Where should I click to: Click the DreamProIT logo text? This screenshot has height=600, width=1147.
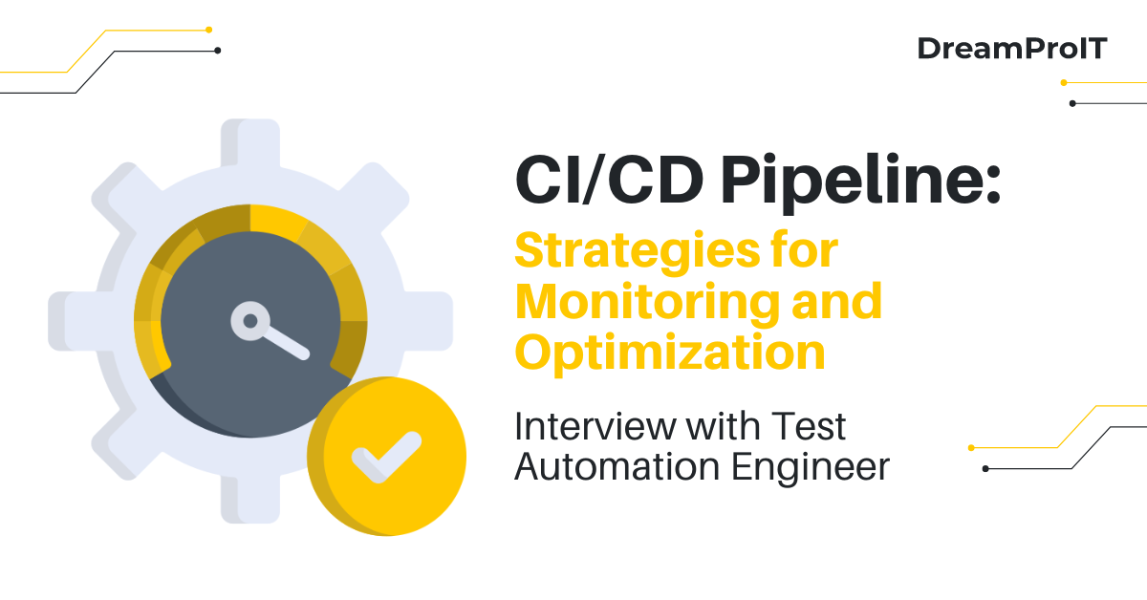coord(1011,49)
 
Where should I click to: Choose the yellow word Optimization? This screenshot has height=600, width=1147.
coord(669,353)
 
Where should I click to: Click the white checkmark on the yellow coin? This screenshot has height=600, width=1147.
coord(386,458)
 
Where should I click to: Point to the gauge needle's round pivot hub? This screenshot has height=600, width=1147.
coord(249,321)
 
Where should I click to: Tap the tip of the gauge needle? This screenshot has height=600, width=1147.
coord(303,353)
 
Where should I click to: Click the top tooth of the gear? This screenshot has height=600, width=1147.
coord(250,143)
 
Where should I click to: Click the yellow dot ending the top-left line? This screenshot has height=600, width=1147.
coord(209,30)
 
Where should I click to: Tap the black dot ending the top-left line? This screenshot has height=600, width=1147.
coord(218,50)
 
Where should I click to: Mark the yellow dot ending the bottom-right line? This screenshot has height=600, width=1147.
coord(971,447)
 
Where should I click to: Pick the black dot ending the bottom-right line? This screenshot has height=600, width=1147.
coord(985,468)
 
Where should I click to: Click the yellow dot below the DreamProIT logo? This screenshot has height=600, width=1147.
coord(1064,82)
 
